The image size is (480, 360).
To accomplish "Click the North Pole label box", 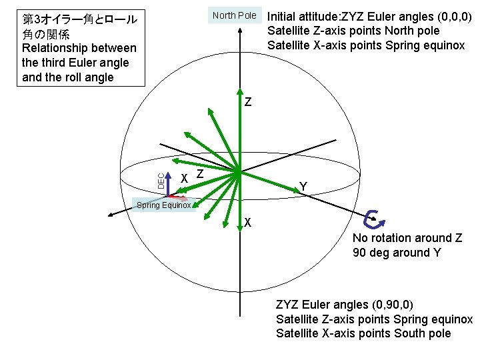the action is coord(234,15).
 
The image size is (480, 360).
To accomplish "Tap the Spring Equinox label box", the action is coord(164,205).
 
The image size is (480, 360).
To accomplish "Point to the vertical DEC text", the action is coord(160,179).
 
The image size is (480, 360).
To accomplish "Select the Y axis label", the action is coord(303,187).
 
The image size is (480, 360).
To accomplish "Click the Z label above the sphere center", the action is coord(248,103).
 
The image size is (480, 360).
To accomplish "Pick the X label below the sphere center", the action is coord(247,223).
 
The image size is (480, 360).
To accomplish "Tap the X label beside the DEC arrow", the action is coord(185,177).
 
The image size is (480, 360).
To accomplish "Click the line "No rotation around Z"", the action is coord(407,238).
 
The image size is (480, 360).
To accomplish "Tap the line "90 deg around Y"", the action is coord(391,253).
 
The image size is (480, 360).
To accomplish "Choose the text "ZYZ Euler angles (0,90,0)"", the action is coord(345,305).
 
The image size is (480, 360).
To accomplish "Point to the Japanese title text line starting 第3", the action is coord(78,19).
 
